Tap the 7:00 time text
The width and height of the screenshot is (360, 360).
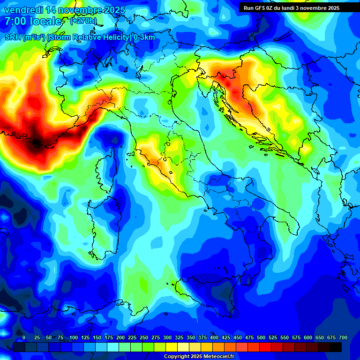coord(15,21)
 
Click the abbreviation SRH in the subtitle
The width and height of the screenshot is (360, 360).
coord(13,37)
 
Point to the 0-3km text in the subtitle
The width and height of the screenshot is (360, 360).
coord(144,37)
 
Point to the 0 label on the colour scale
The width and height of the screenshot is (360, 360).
coord(24,338)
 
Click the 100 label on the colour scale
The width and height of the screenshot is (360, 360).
coord(74,338)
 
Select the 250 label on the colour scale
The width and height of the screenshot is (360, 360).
coord(144,338)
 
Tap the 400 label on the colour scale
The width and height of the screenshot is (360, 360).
coord(214,338)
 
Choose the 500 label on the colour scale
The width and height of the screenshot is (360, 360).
coord(261,338)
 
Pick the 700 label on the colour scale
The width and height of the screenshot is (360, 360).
coord(343,338)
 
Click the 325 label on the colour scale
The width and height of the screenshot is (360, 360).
coord(179,338)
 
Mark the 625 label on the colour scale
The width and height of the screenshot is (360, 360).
coord(320,338)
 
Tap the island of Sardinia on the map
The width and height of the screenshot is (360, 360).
coord(101,220)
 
